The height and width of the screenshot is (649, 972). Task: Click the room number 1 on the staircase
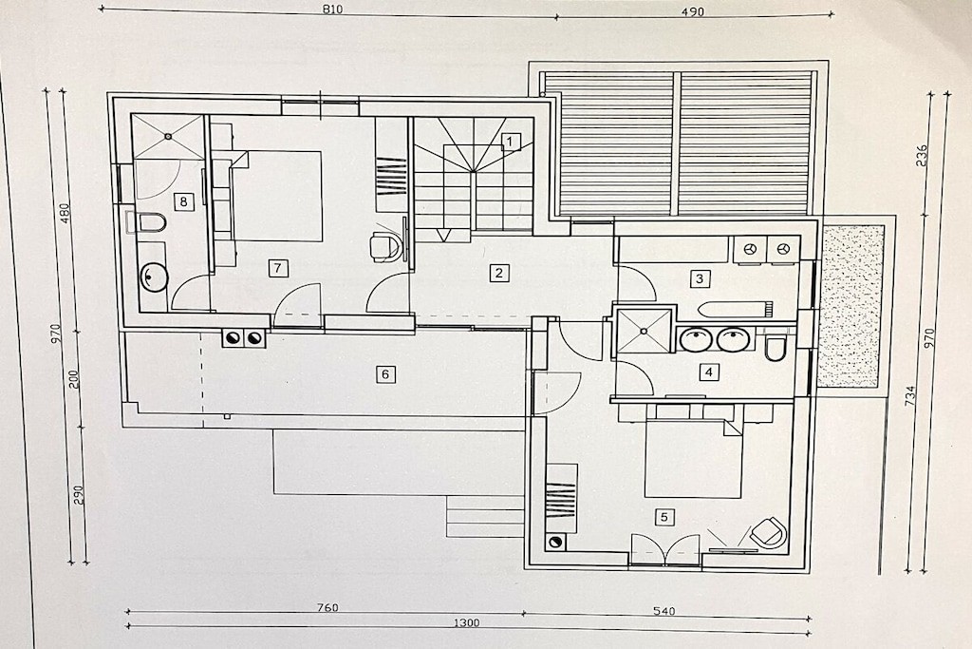(510, 143)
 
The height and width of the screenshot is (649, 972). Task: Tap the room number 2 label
(498, 273)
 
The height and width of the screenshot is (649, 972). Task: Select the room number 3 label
(700, 278)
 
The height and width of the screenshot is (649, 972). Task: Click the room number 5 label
(664, 517)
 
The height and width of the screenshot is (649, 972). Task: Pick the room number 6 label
(385, 374)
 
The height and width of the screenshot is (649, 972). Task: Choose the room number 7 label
(277, 268)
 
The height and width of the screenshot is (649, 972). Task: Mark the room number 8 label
(183, 201)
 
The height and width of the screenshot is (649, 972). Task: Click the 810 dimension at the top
(332, 9)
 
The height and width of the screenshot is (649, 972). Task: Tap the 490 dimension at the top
(693, 11)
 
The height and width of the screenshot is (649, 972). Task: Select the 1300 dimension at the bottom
(465, 622)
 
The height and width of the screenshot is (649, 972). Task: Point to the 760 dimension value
(327, 607)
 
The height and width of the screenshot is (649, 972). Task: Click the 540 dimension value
(664, 611)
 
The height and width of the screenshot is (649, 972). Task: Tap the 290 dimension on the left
(79, 494)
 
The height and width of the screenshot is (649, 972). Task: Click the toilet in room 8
(147, 222)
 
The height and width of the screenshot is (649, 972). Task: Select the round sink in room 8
(153, 277)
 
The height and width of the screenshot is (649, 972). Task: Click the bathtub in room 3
(736, 309)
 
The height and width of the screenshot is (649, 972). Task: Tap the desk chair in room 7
(385, 246)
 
